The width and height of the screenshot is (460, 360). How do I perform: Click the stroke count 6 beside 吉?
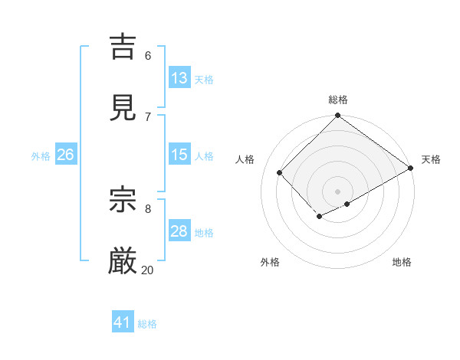tap(148, 55)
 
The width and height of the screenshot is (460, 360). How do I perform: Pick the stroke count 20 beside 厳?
tap(148, 270)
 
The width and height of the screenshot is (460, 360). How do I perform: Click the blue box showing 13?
tap(179, 78)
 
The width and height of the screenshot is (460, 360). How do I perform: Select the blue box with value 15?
tap(179, 155)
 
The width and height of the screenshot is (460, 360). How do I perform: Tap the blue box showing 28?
tap(179, 231)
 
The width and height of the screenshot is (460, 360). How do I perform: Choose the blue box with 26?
tap(65, 155)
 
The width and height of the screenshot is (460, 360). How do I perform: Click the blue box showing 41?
tap(123, 322)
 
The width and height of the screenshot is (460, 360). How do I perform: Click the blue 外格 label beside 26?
tap(41, 156)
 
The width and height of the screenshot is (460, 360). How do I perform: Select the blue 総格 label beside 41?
tap(147, 324)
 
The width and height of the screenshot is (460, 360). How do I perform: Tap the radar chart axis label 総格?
tap(338, 100)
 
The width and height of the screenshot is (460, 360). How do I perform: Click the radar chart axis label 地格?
tap(402, 262)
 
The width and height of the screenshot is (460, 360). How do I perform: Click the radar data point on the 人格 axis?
tap(280, 172)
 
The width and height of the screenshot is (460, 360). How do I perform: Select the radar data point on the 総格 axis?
tap(338, 116)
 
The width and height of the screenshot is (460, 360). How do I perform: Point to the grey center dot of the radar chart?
tap(338, 191)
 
